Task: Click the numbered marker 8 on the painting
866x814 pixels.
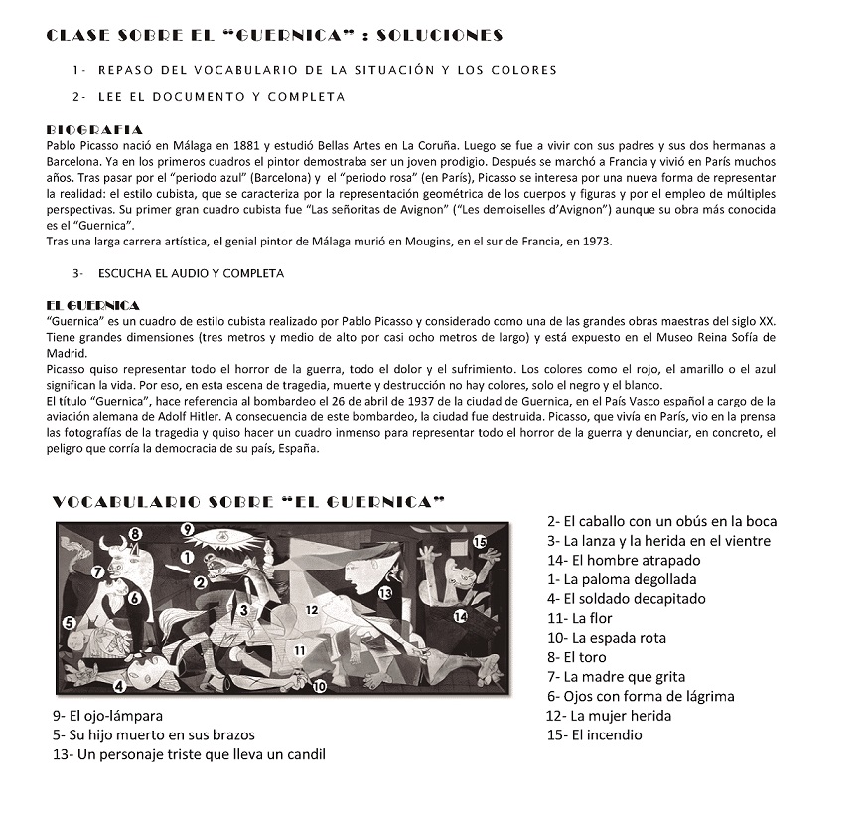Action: tap(137, 534)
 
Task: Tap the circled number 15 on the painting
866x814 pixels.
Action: tap(480, 542)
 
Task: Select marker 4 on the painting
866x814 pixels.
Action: tap(119, 685)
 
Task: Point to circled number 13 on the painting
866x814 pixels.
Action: tap(385, 593)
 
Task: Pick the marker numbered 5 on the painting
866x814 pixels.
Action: tap(70, 622)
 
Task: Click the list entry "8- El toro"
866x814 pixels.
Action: tap(576, 657)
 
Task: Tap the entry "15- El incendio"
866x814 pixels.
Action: tap(594, 734)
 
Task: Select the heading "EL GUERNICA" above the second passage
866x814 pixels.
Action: tap(93, 304)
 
